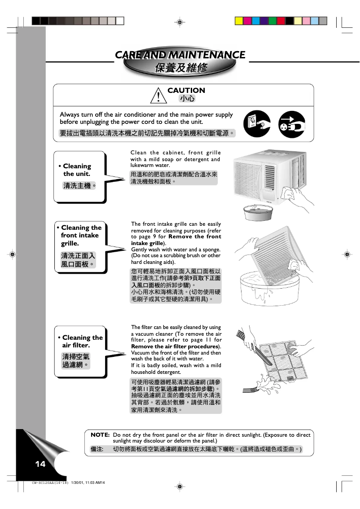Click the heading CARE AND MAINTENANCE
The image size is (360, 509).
[180, 55]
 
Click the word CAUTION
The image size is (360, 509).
[186, 90]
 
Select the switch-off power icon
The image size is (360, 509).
[257, 123]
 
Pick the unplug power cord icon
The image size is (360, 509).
[292, 123]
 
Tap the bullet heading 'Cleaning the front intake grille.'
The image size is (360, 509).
[81, 235]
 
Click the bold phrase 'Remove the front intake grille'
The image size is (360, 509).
[176, 240]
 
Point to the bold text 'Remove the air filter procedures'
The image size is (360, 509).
[175, 347]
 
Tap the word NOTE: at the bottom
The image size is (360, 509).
[100, 435]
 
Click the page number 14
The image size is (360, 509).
[40, 464]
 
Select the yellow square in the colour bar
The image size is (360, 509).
[239, 21]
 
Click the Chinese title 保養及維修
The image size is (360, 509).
[180, 68]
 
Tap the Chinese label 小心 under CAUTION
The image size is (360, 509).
[186, 98]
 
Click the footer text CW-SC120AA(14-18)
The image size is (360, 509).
[50, 483]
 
